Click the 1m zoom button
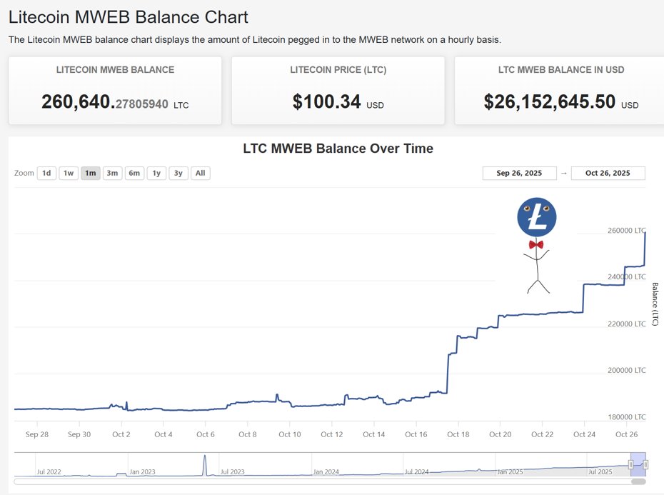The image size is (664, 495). (91, 173)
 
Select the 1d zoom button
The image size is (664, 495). (46, 173)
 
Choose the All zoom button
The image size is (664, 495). (201, 173)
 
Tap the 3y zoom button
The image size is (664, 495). (178, 173)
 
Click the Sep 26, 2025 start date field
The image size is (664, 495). (519, 173)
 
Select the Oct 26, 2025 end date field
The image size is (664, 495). (608, 173)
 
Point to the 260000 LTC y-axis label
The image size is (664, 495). (626, 231)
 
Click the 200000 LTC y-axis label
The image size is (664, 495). (626, 370)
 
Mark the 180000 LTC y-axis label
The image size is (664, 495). (626, 416)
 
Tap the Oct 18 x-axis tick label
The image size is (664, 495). (458, 434)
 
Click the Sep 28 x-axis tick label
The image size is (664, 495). (37, 434)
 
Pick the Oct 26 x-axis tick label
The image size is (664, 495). (626, 434)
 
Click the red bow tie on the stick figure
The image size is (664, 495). (536, 244)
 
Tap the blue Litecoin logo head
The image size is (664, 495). (537, 218)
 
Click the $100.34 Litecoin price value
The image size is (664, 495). (326, 101)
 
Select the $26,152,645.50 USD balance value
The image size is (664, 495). (549, 101)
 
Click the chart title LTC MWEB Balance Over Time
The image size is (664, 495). (338, 149)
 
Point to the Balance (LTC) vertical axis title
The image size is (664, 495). (655, 304)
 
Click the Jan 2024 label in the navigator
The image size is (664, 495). (326, 472)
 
